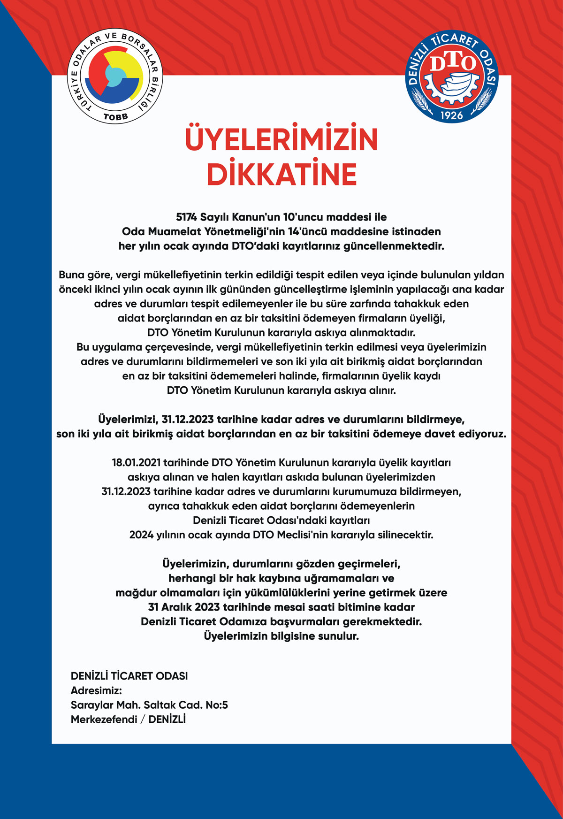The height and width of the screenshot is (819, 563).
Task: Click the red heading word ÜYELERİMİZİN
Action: (x=281, y=139)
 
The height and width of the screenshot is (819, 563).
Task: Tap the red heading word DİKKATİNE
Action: (x=281, y=174)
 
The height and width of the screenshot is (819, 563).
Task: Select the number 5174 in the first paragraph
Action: (x=187, y=217)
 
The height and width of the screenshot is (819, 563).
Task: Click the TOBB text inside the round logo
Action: (x=115, y=116)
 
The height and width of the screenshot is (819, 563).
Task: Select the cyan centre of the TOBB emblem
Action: (x=114, y=76)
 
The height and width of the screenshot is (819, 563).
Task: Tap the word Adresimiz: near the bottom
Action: (x=96, y=691)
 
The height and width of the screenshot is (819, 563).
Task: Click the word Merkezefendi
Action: (x=104, y=720)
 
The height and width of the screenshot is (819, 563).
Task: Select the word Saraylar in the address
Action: (x=89, y=705)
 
